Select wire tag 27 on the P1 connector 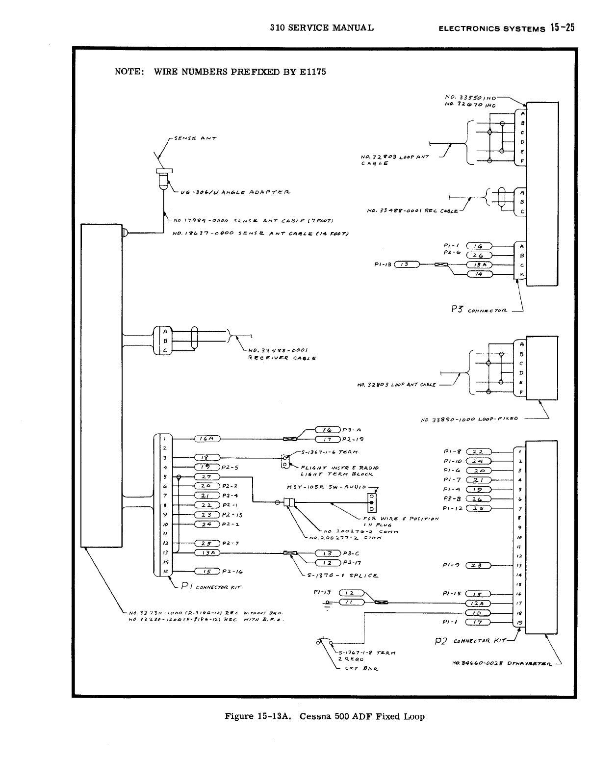click(206, 477)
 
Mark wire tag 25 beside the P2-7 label click(206, 543)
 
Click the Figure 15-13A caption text click(324, 716)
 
